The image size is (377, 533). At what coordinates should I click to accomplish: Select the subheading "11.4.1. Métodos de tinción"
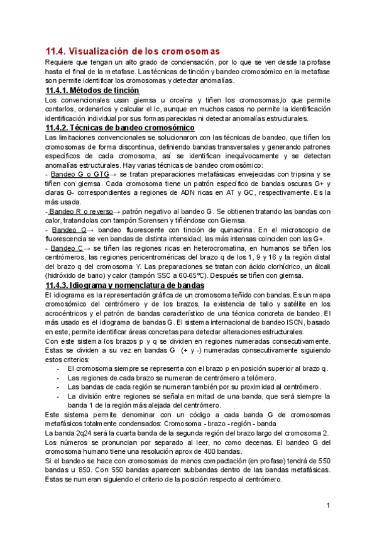click(x=92, y=91)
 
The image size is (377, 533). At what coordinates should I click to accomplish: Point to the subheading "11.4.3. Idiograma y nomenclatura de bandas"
click(x=126, y=285)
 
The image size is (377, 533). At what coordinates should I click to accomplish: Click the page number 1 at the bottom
click(x=328, y=506)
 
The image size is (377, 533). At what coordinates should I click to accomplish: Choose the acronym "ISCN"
click(x=289, y=322)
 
